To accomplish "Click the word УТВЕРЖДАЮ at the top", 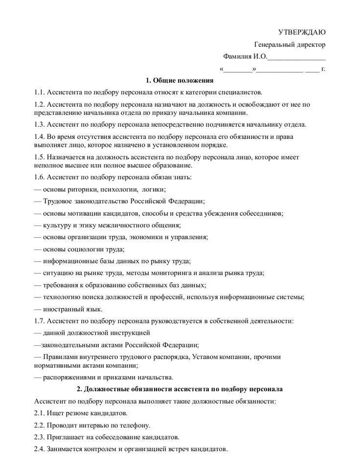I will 302,32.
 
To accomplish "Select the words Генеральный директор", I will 290,45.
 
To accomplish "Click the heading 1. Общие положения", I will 180,80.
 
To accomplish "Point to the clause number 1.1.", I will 40,92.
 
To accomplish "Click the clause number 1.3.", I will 40,124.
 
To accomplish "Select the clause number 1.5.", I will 40,157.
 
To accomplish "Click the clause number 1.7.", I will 40,321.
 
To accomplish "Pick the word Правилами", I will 60,357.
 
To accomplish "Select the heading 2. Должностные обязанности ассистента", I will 180,389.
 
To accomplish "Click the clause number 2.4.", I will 40,449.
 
